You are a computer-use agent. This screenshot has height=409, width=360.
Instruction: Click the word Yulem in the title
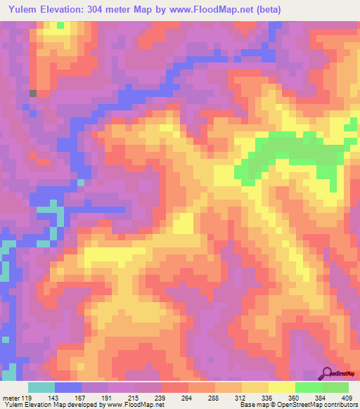point(20,10)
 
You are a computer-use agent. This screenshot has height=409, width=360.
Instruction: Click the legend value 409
point(348,397)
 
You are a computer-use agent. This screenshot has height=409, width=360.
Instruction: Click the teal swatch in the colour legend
point(41,387)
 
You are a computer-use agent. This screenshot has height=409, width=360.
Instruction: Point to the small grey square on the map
point(32,93)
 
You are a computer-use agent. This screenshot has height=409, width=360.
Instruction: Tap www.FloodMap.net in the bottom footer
point(133,405)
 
